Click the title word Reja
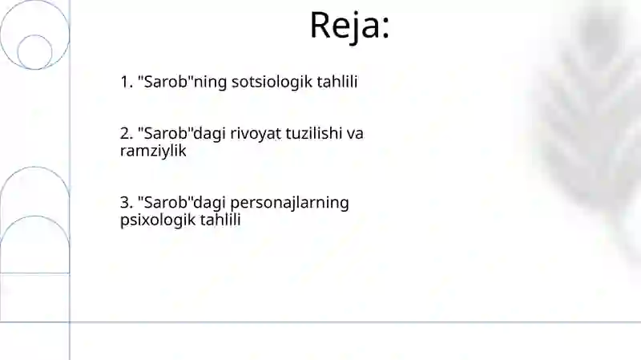[344, 26]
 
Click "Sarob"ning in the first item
[171, 82]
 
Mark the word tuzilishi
[304, 133]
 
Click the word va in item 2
[355, 133]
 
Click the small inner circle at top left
[34, 51]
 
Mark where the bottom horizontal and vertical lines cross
[70, 322]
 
